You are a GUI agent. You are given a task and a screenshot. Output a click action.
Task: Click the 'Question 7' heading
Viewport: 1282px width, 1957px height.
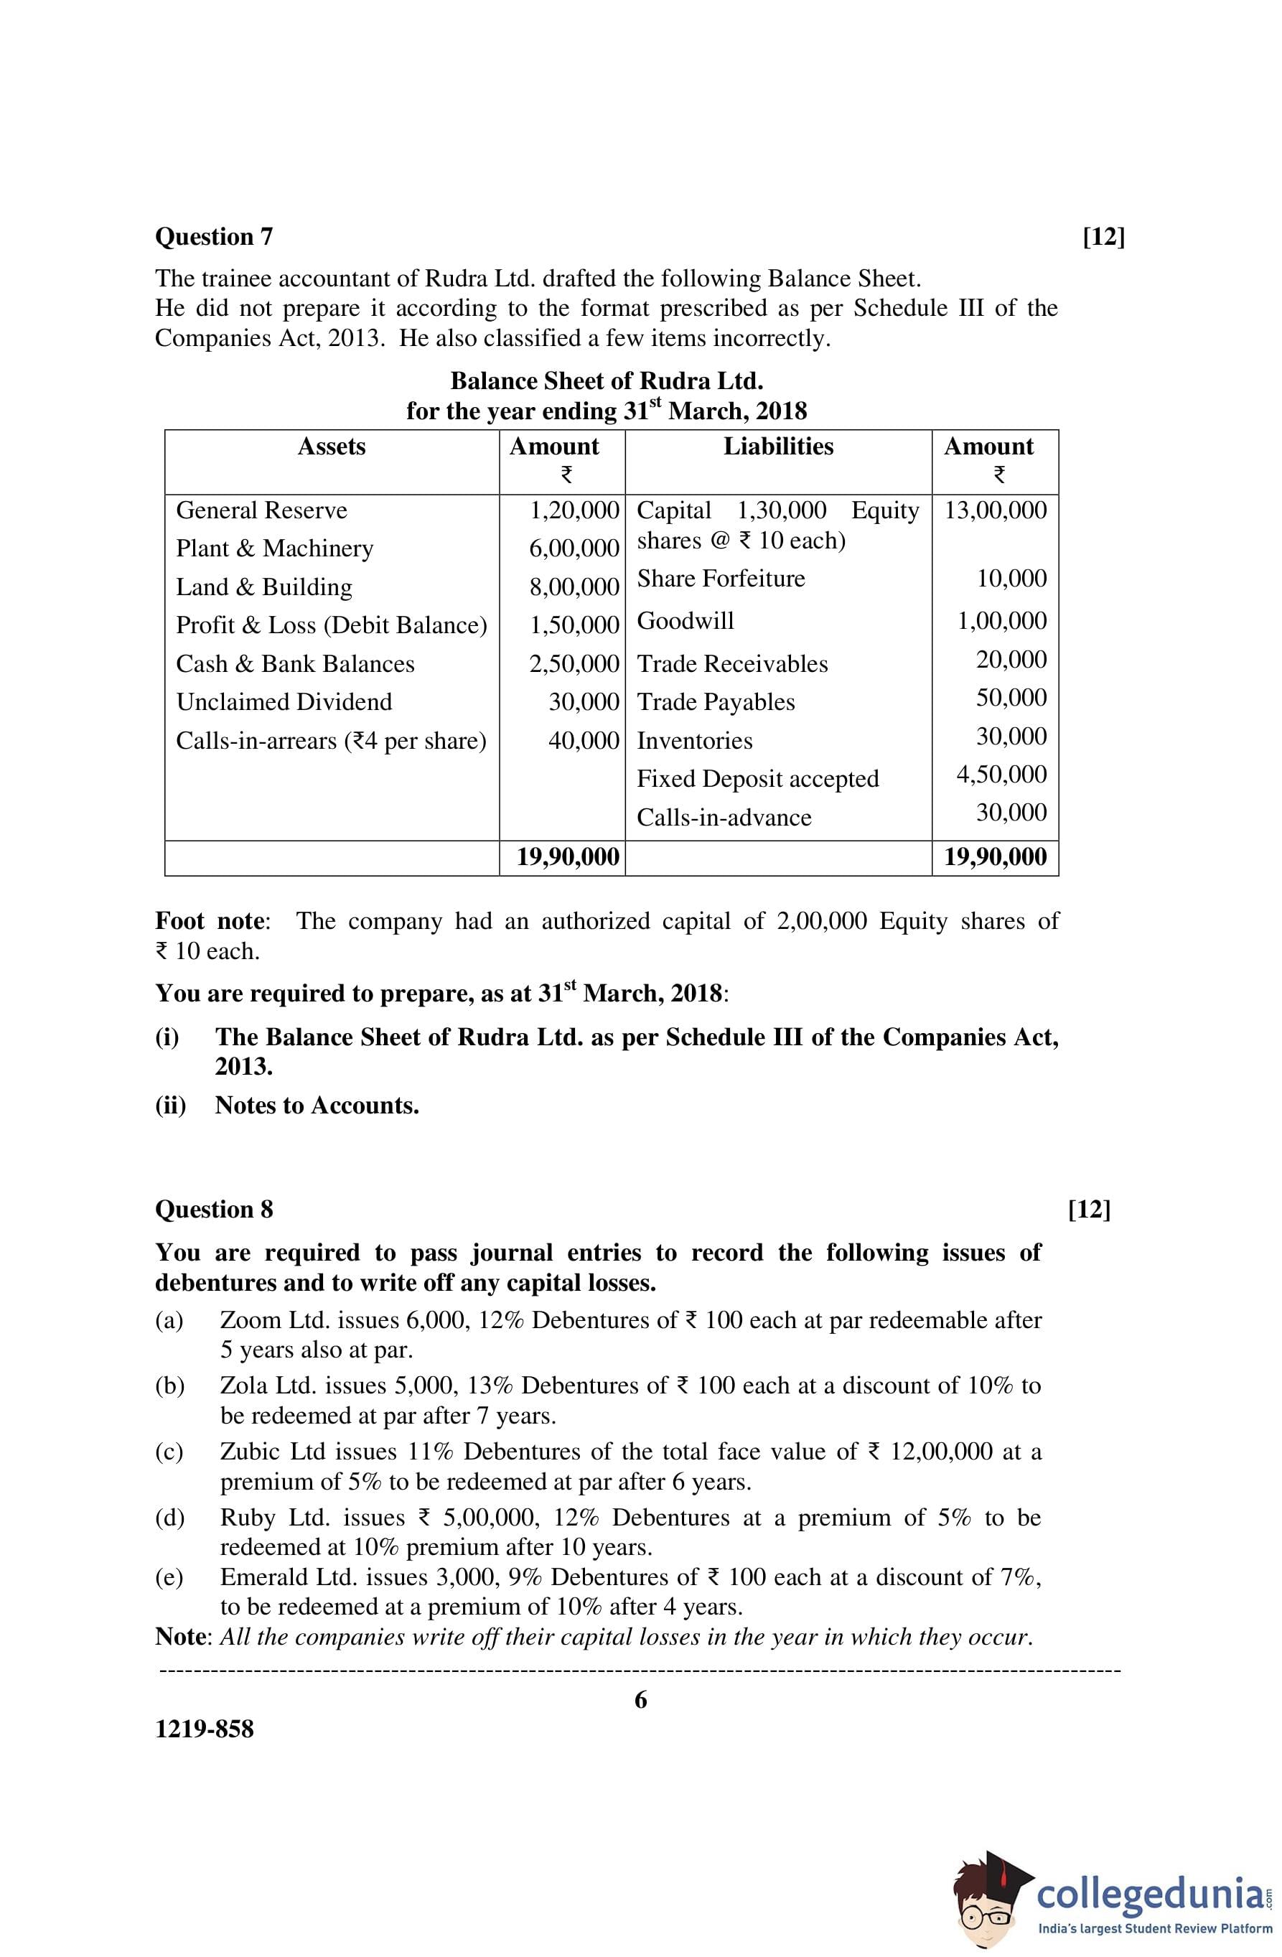click(x=214, y=237)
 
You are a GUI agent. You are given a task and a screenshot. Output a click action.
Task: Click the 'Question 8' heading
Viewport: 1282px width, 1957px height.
click(x=214, y=1210)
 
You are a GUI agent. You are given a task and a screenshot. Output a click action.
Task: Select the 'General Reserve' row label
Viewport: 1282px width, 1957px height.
click(x=261, y=510)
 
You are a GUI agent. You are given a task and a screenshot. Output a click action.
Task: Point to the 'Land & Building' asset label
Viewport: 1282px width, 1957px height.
click(x=264, y=587)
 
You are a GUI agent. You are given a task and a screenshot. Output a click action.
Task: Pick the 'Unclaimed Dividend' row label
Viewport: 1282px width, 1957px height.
click(x=284, y=702)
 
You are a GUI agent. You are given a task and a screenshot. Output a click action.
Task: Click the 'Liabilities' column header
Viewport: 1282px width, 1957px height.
click(x=778, y=447)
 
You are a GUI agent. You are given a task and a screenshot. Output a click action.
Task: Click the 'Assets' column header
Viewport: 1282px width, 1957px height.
click(x=332, y=447)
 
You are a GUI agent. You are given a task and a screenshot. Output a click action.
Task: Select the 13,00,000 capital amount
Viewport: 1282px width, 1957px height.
click(x=995, y=510)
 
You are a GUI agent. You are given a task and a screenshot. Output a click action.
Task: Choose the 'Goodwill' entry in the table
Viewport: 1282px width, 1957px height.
click(x=685, y=621)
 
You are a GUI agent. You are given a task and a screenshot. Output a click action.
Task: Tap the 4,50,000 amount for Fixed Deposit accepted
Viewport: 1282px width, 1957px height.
click(x=1001, y=775)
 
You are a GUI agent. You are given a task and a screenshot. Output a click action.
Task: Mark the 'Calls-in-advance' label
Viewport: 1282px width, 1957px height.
click(x=724, y=818)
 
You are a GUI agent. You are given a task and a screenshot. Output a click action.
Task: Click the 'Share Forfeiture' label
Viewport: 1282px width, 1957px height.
click(x=721, y=579)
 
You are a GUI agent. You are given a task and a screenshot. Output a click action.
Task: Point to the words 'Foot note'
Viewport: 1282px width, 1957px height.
click(x=210, y=921)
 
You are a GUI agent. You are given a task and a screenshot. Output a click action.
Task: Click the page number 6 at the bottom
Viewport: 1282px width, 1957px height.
click(x=640, y=1699)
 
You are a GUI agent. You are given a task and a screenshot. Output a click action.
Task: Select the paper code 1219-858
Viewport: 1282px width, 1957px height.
click(x=205, y=1729)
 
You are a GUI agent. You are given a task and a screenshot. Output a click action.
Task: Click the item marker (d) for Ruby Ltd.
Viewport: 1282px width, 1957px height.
click(x=169, y=1517)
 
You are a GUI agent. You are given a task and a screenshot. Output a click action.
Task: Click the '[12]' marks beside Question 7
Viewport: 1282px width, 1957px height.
click(x=1103, y=237)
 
